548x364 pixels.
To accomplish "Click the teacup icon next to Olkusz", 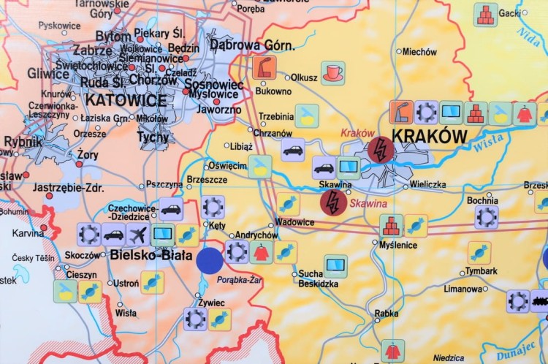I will [333, 73].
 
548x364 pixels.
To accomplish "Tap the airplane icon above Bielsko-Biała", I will [138, 235].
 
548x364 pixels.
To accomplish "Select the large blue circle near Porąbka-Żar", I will [210, 260].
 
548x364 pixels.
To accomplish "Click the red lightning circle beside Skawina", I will [333, 202].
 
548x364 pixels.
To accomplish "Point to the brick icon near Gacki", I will [485, 15].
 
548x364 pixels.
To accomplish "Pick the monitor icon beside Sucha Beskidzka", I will [335, 265].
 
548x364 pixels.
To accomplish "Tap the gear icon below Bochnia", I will [486, 217].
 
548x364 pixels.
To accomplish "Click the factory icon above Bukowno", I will [264, 68].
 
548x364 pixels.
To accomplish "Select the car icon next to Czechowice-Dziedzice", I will [170, 209].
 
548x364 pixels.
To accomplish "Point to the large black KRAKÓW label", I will [429, 136].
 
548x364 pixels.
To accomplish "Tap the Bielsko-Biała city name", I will [151, 256].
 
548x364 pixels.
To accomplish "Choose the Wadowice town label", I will [294, 222].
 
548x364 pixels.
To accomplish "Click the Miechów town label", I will [419, 52].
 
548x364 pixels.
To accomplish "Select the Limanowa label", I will [463, 289].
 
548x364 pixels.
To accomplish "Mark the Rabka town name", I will [387, 314].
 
